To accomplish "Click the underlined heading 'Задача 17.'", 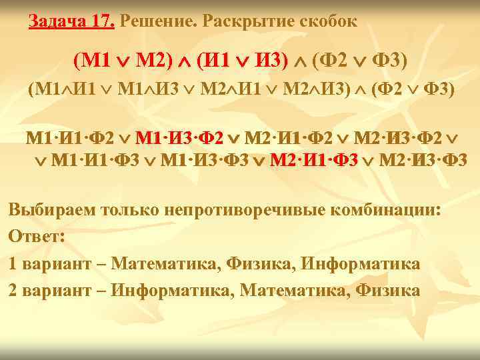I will (72, 21).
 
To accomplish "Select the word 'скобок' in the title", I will (327, 21).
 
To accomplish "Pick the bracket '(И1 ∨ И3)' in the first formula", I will (242, 62).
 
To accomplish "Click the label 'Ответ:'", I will (34, 237).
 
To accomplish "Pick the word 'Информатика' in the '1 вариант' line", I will (361, 263).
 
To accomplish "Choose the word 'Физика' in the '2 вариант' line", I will (387, 290).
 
